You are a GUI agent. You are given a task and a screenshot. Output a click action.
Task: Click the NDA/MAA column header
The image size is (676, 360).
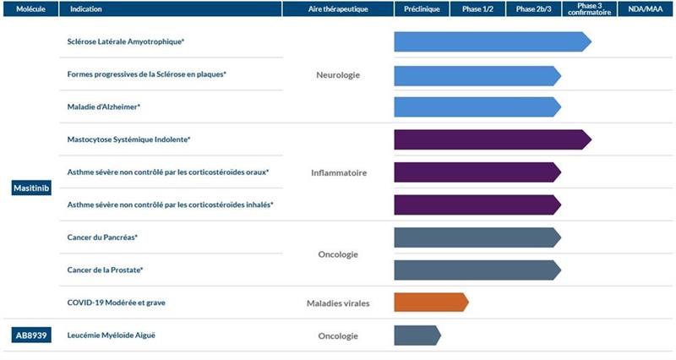click(x=646, y=9)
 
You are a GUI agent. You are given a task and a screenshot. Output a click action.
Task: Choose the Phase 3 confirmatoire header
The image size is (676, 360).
click(x=589, y=9)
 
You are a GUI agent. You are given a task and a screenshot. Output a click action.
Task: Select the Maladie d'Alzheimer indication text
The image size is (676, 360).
click(x=103, y=107)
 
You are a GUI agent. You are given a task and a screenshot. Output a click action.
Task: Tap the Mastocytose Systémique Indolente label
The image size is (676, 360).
click(x=128, y=139)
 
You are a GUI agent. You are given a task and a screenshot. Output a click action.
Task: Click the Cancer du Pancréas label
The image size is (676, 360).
click(x=102, y=237)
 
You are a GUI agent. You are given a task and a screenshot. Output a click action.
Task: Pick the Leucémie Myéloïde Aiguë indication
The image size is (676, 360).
click(x=111, y=335)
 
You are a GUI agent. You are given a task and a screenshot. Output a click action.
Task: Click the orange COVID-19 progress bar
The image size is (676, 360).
click(x=430, y=303)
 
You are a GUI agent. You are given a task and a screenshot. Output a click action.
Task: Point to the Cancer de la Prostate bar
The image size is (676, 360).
click(x=477, y=270)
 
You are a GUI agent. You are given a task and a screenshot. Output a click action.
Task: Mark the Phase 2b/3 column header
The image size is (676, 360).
click(x=532, y=9)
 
